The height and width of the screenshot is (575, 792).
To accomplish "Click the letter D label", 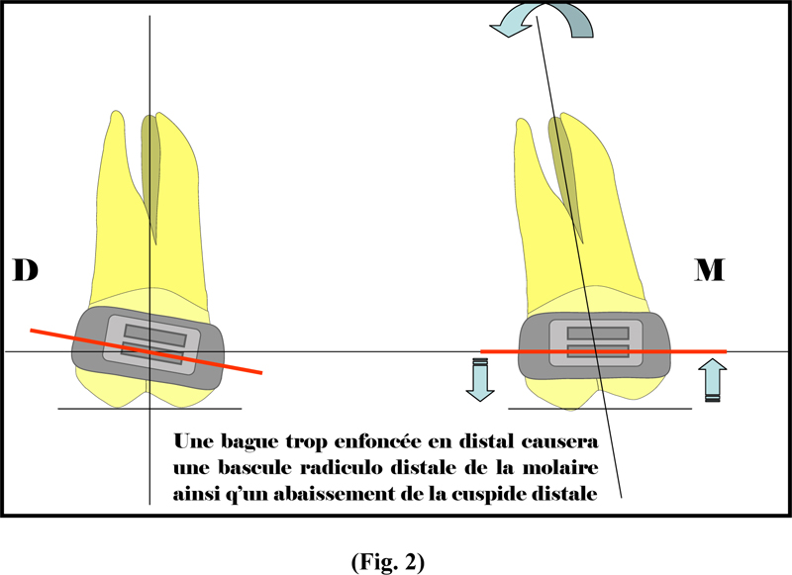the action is pyautogui.click(x=26, y=269).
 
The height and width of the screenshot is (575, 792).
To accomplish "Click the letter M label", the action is pyautogui.click(x=710, y=269).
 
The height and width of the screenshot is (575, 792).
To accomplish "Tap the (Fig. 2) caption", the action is pyautogui.click(x=388, y=562).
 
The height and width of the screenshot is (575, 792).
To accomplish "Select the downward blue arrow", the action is pyautogui.click(x=479, y=380).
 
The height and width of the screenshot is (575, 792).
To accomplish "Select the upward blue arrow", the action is pyautogui.click(x=712, y=380).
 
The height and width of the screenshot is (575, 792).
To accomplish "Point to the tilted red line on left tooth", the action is pyautogui.click(x=146, y=352).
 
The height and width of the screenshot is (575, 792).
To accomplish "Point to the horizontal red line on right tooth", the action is pyautogui.click(x=603, y=351).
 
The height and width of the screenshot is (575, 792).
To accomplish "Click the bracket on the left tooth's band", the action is pyautogui.click(x=152, y=345).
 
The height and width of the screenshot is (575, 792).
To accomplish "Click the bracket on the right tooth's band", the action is pyautogui.click(x=596, y=342).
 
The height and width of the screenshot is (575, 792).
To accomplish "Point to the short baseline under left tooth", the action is pyautogui.click(x=150, y=409).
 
